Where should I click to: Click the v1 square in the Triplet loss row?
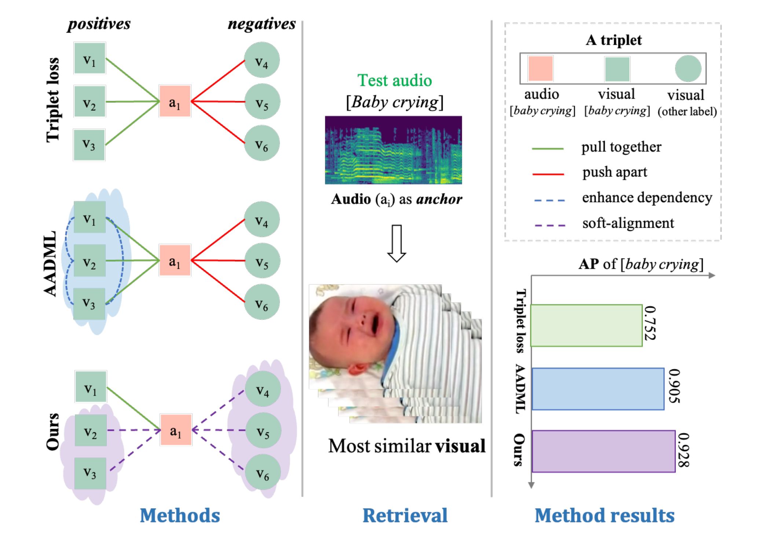click(x=89, y=58)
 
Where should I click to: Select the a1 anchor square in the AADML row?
click(x=175, y=260)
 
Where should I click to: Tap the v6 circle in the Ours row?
click(x=263, y=472)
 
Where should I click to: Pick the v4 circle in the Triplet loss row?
click(x=262, y=60)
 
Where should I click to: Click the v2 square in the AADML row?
click(x=89, y=260)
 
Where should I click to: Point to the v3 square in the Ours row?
click(x=90, y=473)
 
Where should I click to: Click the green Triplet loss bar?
click(x=586, y=325)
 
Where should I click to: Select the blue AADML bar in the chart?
click(x=597, y=389)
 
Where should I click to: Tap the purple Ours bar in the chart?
click(x=603, y=451)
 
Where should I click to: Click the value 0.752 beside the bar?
click(x=650, y=323)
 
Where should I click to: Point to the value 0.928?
click(x=683, y=450)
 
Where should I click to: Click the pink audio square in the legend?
click(x=540, y=69)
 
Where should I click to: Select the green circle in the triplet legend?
click(x=688, y=69)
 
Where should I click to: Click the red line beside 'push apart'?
click(x=548, y=174)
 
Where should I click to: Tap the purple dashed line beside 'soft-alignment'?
click(x=549, y=225)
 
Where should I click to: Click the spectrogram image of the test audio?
click(x=393, y=150)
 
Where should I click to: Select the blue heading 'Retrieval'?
click(x=405, y=515)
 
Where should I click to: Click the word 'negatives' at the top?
click(x=262, y=24)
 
